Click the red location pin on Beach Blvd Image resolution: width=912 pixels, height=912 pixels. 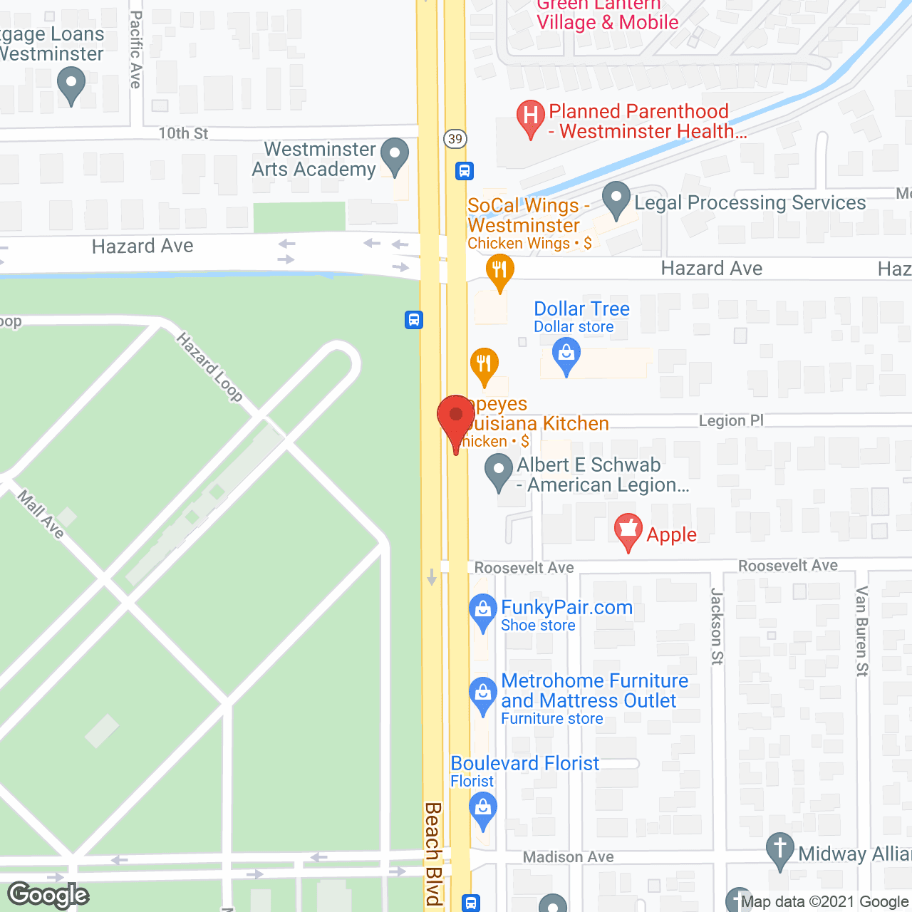455,417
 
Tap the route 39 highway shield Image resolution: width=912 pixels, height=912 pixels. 455,138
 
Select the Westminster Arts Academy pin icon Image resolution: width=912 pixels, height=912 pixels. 394,155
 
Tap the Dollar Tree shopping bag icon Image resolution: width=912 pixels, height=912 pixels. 566,354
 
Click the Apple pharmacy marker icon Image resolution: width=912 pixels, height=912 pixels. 628,530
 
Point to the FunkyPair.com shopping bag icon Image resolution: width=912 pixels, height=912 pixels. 483,611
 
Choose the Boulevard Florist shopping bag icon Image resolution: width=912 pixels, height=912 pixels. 483,809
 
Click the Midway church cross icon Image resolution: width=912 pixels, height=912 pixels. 780,849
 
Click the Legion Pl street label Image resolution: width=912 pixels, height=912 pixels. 731,420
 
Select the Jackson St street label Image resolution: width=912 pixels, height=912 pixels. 717,626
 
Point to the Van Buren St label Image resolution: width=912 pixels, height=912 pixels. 862,631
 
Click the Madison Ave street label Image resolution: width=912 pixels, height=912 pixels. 568,856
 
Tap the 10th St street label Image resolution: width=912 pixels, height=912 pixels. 183,133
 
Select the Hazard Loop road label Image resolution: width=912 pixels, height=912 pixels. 210,366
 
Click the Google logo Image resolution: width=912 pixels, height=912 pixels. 48,895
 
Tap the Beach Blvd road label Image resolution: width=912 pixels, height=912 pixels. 433,853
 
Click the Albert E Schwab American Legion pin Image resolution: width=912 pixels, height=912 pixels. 498,472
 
